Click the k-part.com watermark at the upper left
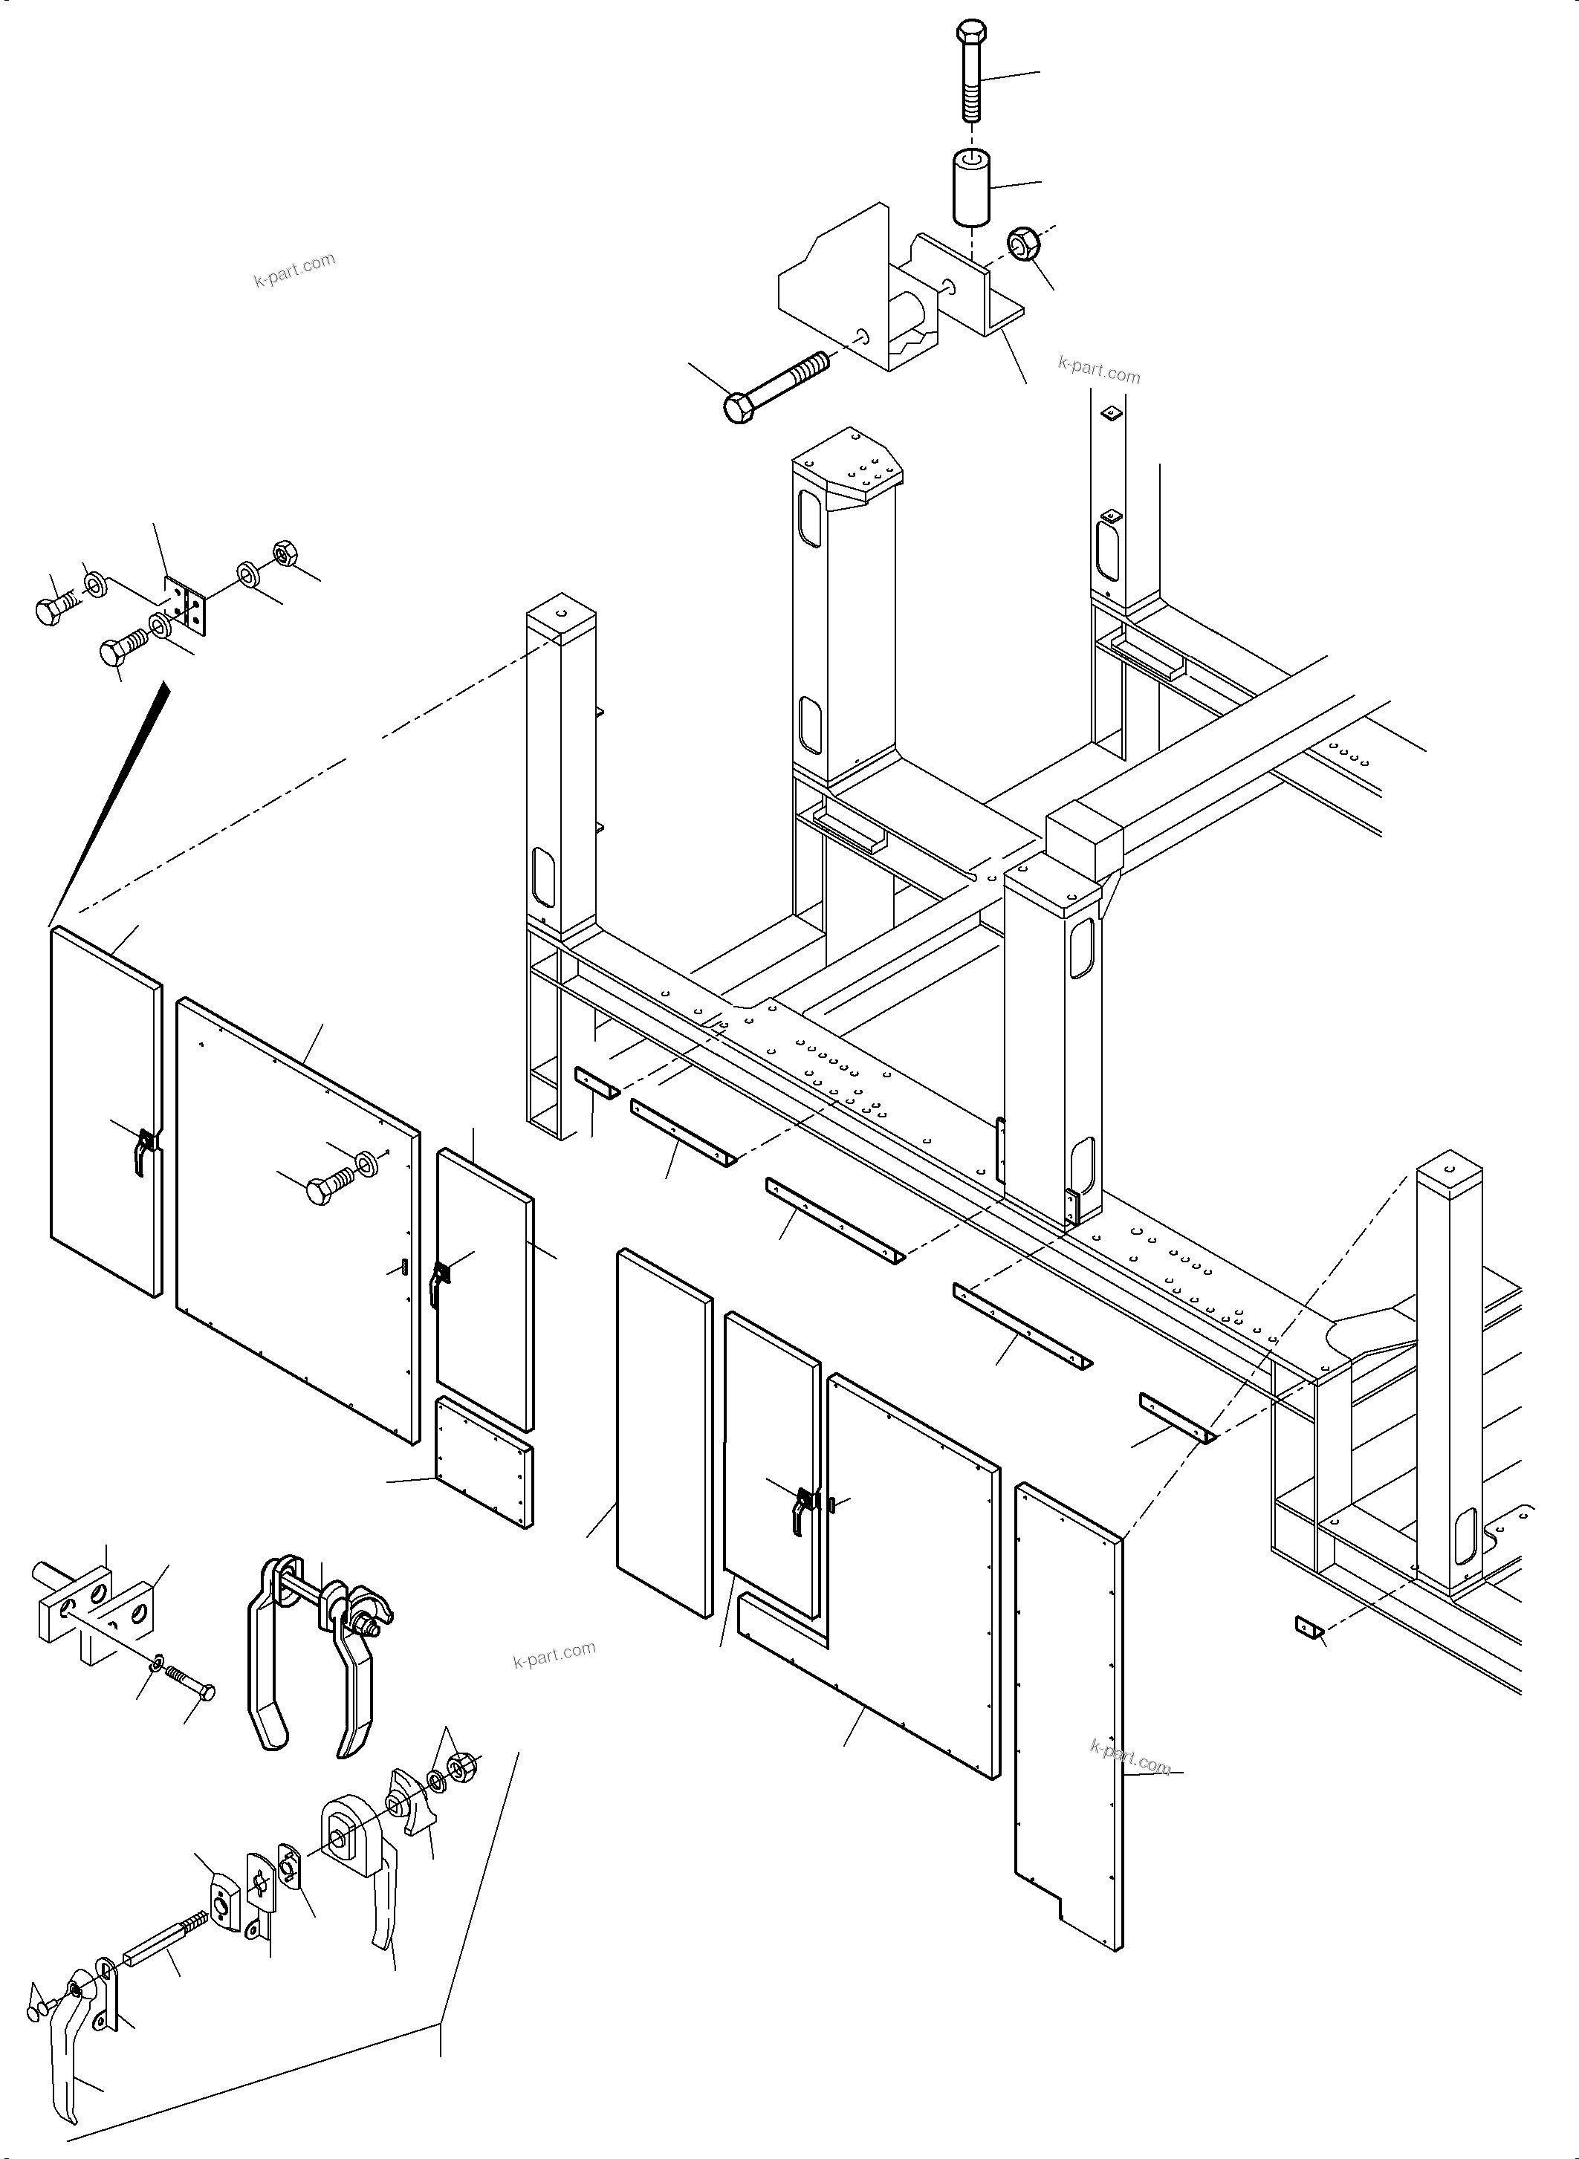[294, 270]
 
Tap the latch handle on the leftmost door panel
[143, 1151]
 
